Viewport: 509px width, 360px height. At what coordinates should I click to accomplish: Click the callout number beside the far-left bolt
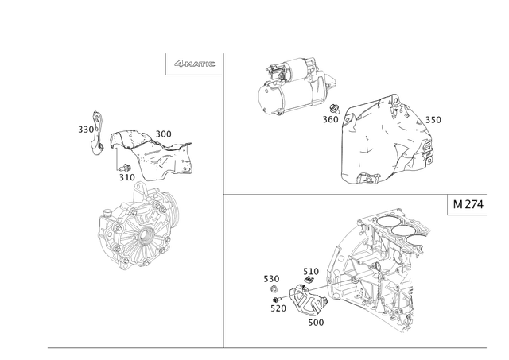pos(83,127)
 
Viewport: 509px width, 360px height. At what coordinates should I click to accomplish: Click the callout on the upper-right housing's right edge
pos(434,120)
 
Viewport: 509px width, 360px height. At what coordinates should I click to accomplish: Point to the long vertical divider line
pos(223,199)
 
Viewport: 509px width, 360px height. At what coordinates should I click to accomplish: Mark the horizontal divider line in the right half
pos(334,194)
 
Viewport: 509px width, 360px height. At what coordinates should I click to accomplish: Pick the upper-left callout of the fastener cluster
pos(268,277)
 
